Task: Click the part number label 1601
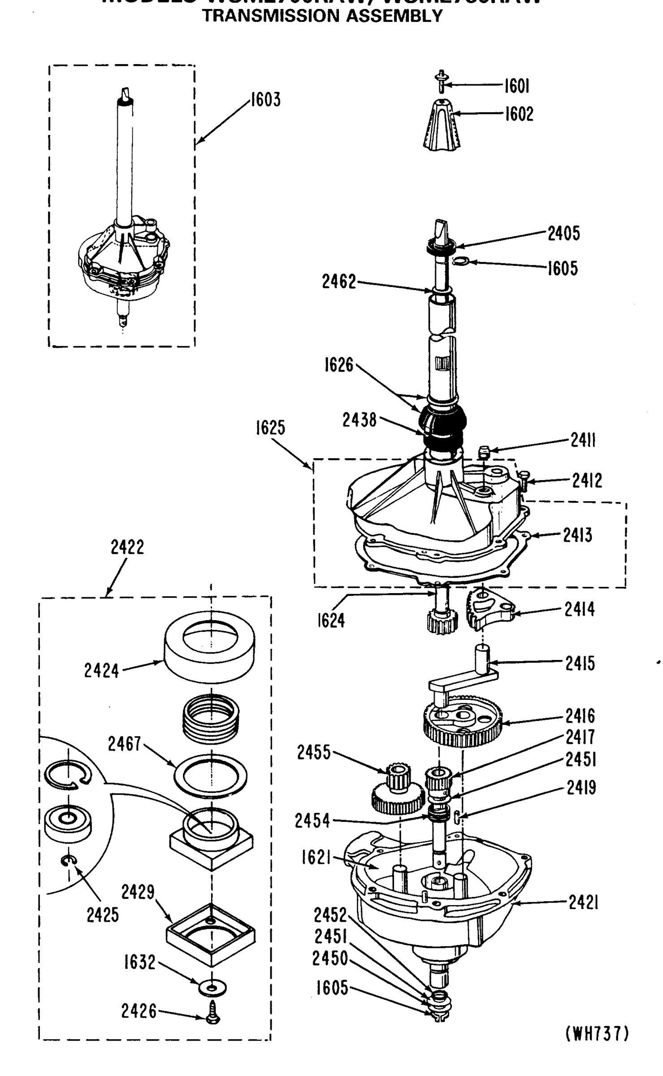pos(516,86)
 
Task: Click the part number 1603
pos(265,100)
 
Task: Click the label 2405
pos(563,233)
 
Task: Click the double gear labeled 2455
pos(398,793)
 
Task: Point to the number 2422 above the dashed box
pos(127,547)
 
